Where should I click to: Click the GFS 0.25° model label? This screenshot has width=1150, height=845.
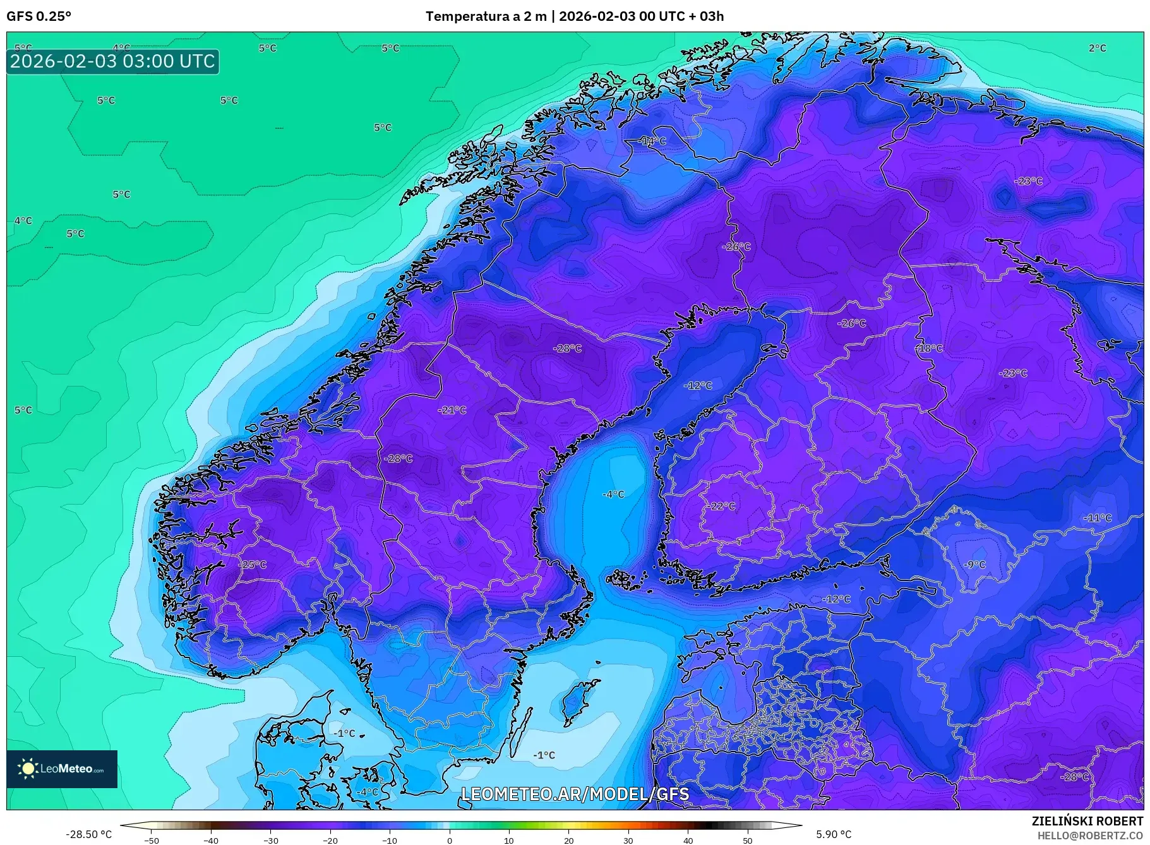39,16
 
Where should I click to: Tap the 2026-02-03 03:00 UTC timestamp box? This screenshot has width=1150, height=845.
112,61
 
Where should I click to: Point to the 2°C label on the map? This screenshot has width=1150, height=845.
1097,48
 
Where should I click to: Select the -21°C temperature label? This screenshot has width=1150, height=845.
452,410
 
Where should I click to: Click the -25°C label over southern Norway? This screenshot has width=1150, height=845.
253,565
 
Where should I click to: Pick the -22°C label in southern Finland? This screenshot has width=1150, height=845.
721,506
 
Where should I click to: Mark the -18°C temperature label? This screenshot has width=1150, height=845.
929,348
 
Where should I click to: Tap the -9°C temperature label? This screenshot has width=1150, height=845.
974,565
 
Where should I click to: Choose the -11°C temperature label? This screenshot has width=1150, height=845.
1098,518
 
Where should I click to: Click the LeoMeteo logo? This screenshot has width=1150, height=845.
62,769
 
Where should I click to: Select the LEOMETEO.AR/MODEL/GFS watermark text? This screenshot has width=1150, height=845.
575,794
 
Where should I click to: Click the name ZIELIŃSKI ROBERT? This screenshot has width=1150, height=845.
1087,821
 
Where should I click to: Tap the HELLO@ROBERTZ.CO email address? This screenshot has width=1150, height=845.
1090,836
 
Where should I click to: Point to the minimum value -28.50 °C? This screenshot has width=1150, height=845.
88,834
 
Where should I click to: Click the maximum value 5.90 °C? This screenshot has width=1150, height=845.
834,834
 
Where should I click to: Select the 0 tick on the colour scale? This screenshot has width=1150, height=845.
450,841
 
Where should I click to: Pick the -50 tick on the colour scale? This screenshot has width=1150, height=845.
152,841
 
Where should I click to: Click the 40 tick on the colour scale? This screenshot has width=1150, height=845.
688,841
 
